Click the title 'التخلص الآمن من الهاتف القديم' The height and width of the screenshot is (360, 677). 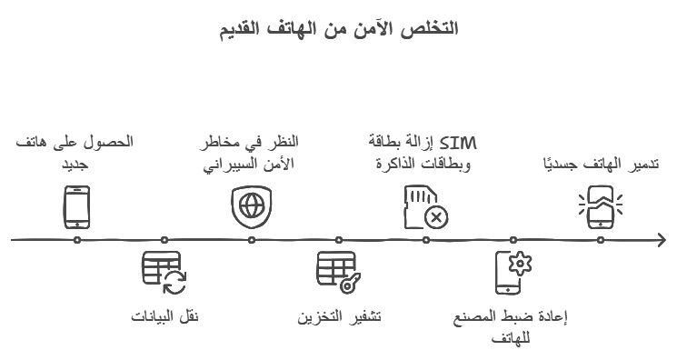[338, 28]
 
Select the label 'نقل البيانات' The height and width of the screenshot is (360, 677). [164, 316]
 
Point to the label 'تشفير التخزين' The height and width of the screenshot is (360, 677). [339, 316]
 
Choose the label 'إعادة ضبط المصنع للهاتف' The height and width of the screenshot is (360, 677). [513, 325]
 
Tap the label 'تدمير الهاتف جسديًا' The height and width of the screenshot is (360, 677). [601, 164]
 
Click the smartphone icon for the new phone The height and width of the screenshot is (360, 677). [77, 207]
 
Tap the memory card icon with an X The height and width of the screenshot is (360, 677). [425, 207]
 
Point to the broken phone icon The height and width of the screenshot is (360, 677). [601, 205]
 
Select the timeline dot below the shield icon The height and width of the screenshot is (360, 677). [252, 240]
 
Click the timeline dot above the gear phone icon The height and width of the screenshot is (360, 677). [513, 240]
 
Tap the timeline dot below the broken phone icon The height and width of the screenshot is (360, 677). [601, 240]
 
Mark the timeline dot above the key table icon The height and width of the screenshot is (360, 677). [339, 240]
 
